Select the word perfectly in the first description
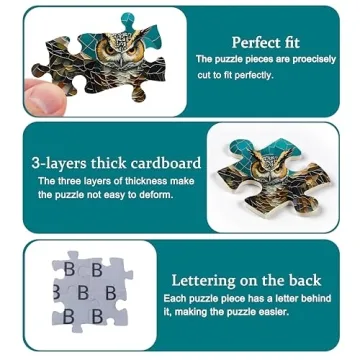[254, 75]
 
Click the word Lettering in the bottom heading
[203, 280]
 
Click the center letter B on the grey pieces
[83, 293]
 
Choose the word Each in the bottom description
[172, 298]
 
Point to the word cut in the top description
[204, 75]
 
